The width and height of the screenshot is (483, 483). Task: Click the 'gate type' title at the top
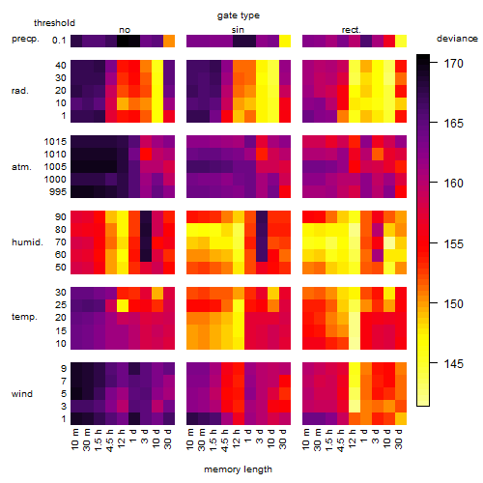coord(239,15)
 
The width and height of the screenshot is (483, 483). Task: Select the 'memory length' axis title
coord(238,469)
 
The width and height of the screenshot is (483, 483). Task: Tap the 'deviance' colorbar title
coord(457,39)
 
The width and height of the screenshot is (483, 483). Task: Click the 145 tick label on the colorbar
coord(453,364)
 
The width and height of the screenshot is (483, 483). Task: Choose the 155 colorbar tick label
coord(453,243)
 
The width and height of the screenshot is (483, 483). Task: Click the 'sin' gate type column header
coord(238,30)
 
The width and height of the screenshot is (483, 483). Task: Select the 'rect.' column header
coord(351,30)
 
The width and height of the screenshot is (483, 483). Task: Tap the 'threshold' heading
coord(54,23)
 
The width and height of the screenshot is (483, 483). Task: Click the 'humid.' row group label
coord(27,242)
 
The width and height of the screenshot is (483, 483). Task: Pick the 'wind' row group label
coord(22,394)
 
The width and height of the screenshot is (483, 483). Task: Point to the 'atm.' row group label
coord(21,167)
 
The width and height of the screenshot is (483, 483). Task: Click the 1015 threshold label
coord(55,142)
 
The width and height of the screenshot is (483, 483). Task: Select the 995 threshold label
coord(58,192)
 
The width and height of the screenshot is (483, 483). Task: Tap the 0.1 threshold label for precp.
coord(59,41)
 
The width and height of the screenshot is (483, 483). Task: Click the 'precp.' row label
coord(25,39)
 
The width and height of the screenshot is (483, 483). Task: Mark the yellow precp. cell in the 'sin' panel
coord(285,42)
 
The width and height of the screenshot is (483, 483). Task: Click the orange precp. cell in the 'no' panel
coord(169,42)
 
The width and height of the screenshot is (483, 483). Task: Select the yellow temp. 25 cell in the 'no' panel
coord(123,305)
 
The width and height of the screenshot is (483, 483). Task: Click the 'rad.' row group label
coord(20,91)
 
